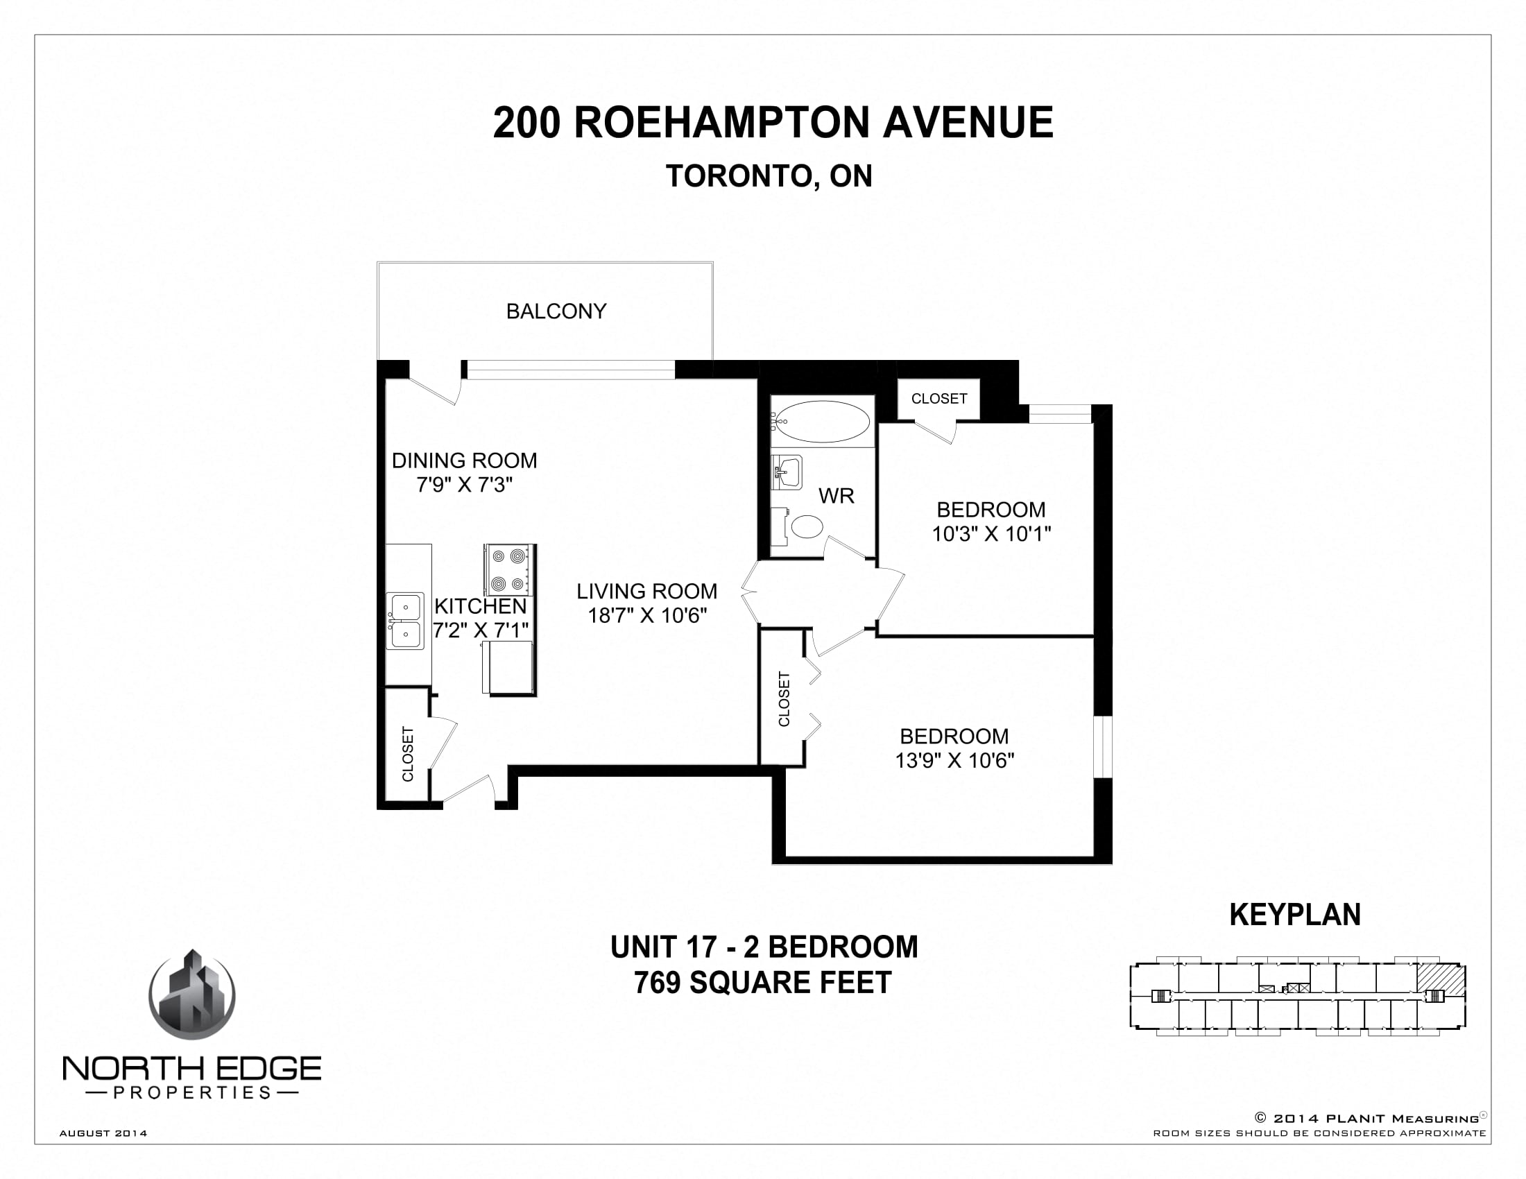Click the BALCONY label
(x=556, y=311)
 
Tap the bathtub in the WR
(x=823, y=422)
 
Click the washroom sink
(x=787, y=473)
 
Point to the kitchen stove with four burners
(x=509, y=569)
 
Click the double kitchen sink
(x=405, y=621)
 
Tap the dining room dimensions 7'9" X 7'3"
(x=465, y=485)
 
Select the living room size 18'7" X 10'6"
(x=647, y=615)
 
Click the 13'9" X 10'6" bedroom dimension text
(x=954, y=761)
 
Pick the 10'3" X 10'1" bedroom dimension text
(x=991, y=534)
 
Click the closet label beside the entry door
(x=408, y=755)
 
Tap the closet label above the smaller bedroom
(x=938, y=399)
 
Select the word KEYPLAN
(x=1295, y=915)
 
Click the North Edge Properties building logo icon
(x=192, y=996)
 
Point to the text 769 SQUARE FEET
(x=763, y=983)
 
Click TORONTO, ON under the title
(x=769, y=177)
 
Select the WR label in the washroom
(x=836, y=496)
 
